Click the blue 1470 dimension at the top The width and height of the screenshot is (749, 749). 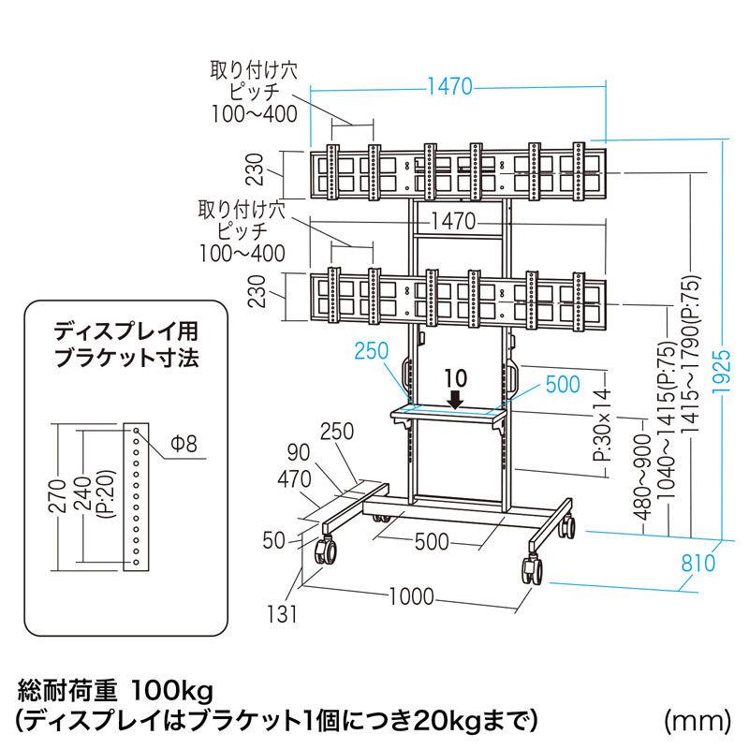[451, 90]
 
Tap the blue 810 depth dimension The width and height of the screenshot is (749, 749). [698, 563]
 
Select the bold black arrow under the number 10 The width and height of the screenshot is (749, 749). [456, 399]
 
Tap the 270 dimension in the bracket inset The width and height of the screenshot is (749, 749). [62, 494]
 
